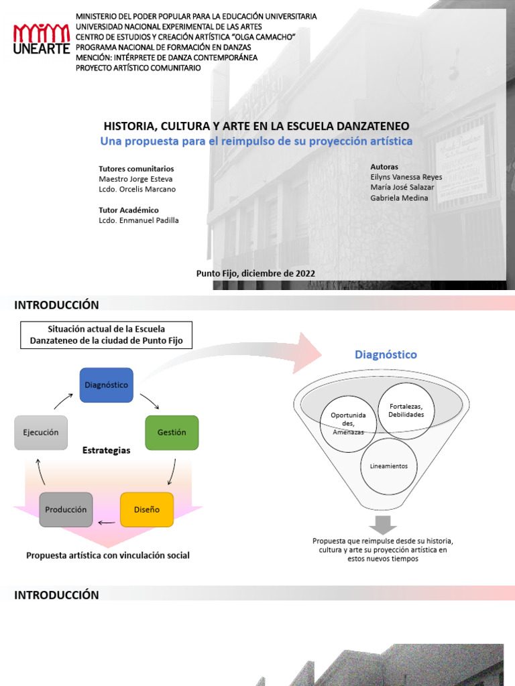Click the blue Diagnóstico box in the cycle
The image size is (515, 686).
pyautogui.click(x=106, y=385)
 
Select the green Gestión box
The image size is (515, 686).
pyautogui.click(x=172, y=433)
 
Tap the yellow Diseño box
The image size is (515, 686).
pyautogui.click(x=146, y=510)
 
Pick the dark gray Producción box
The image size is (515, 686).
pyautogui.click(x=66, y=510)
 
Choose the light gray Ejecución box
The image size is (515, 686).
pyautogui.click(x=41, y=433)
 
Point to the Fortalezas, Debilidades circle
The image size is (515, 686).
pyautogui.click(x=406, y=410)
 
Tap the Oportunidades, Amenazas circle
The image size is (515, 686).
pyautogui.click(x=348, y=423)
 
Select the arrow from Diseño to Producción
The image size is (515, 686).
pyautogui.click(x=106, y=523)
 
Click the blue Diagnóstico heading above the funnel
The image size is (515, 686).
pyautogui.click(x=386, y=354)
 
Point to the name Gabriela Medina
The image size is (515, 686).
pyautogui.click(x=399, y=198)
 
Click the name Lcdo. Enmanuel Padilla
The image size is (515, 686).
pyautogui.click(x=139, y=220)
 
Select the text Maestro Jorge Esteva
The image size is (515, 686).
pyautogui.click(x=137, y=179)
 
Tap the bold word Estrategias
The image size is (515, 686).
pyautogui.click(x=106, y=451)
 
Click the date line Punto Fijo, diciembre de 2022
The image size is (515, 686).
pyautogui.click(x=255, y=273)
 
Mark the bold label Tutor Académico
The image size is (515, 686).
pyautogui.click(x=129, y=210)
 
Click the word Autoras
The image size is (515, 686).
pyautogui.click(x=384, y=167)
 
